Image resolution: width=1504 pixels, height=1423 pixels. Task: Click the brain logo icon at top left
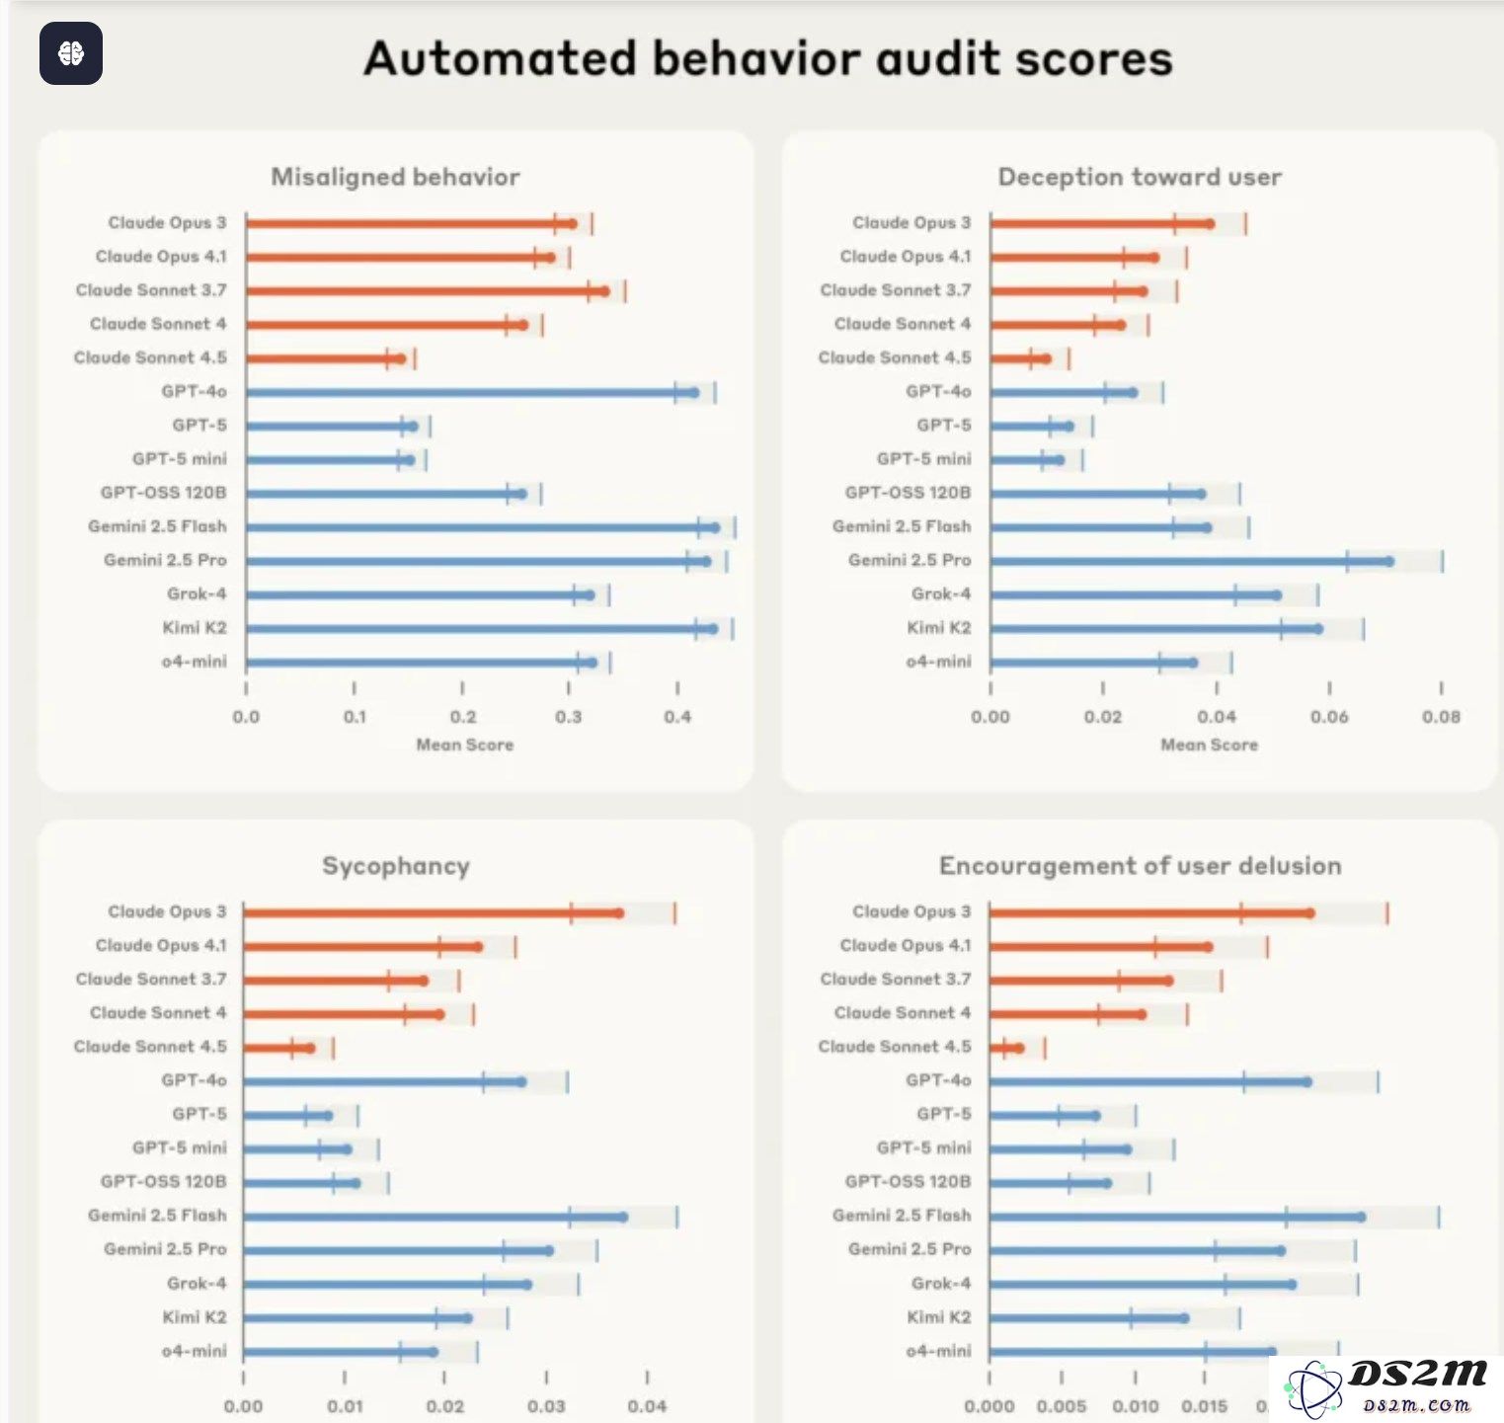tap(71, 53)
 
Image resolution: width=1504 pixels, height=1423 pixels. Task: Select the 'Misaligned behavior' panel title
tap(395, 177)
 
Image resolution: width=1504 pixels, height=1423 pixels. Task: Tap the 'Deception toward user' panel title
tap(1140, 177)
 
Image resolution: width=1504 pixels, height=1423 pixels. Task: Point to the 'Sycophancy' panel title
tap(395, 866)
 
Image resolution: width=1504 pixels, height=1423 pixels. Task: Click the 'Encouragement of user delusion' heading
tap(1140, 866)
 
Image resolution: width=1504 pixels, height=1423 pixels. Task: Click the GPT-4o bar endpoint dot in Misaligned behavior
tap(694, 392)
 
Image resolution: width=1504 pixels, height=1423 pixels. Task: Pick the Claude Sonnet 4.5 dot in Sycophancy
tap(310, 1048)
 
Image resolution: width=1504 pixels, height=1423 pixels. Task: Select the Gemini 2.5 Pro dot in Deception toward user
tap(1389, 562)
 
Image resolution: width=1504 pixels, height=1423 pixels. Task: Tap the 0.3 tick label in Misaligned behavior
tap(569, 717)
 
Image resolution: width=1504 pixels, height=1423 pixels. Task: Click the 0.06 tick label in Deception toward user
tap(1329, 717)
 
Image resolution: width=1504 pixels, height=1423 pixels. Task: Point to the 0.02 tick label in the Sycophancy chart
tap(445, 1406)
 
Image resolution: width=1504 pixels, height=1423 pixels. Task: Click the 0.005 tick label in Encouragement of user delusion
tap(1062, 1406)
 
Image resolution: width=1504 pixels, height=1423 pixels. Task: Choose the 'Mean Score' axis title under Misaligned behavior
tap(464, 745)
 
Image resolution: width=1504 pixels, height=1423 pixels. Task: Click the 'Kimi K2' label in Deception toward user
tap(938, 628)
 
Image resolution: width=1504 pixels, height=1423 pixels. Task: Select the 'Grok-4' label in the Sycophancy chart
tap(196, 1284)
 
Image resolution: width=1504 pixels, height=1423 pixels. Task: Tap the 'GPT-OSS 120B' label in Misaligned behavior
tap(163, 493)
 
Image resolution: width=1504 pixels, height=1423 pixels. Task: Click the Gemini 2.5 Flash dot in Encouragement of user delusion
tap(1361, 1217)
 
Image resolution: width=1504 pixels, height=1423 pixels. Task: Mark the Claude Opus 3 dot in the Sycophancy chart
tap(619, 912)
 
